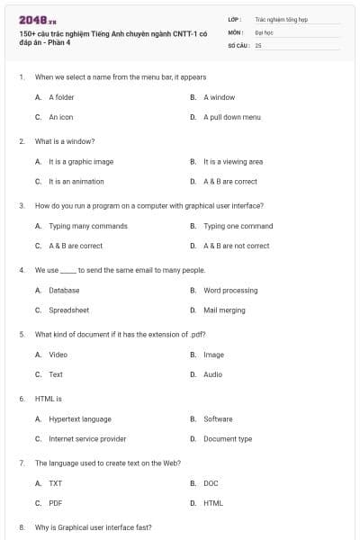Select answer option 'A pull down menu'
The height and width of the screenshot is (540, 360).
point(231,117)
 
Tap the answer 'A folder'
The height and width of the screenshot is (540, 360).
point(61,96)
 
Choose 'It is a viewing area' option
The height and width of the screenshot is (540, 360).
point(233,161)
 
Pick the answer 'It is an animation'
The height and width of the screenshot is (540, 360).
point(73,181)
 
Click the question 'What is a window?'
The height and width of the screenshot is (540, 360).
point(65,141)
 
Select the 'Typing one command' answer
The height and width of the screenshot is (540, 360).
point(238,226)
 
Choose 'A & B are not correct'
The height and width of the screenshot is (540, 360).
point(236,246)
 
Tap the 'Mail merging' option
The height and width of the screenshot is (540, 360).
point(224,310)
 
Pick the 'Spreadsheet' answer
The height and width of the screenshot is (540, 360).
point(68,310)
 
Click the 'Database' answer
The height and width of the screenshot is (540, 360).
point(64,290)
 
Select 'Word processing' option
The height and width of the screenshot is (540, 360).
point(230,290)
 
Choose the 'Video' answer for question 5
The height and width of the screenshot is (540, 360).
point(58,355)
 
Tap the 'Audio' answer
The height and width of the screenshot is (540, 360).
point(212,374)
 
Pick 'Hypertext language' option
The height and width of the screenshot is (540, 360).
point(80,418)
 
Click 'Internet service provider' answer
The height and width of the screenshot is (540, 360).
point(87,438)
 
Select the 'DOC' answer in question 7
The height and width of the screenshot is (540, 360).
point(211,483)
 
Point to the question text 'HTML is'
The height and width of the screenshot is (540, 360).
point(48,398)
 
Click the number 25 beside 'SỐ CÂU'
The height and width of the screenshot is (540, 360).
point(258,44)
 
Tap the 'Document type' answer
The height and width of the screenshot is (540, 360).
point(228,438)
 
